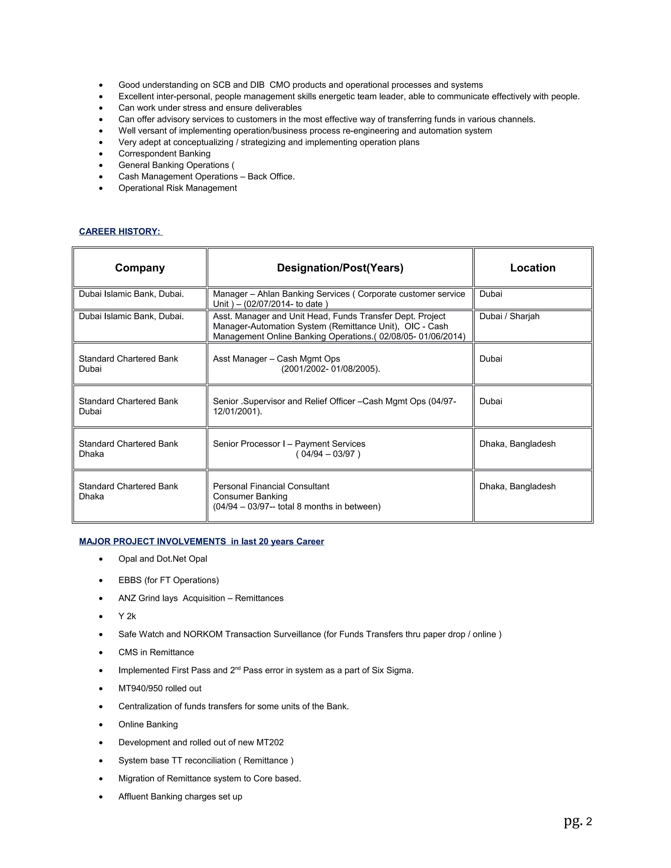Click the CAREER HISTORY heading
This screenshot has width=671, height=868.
[121, 231]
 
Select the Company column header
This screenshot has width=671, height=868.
[140, 268]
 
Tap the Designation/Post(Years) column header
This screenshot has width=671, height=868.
[340, 268]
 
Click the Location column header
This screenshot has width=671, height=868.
[533, 268]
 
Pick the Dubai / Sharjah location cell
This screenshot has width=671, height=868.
[509, 316]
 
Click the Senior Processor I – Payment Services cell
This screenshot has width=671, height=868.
[289, 444]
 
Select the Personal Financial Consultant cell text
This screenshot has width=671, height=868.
[271, 486]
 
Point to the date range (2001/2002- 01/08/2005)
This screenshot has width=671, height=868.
[330, 369]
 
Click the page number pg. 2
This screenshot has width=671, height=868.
[578, 821]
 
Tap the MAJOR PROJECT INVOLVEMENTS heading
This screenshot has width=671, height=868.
[201, 541]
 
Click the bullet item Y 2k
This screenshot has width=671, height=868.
[127, 616]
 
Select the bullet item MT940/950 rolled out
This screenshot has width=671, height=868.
[160, 689]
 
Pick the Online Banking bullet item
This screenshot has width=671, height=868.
[148, 724]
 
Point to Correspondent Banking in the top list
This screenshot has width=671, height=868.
[164, 154]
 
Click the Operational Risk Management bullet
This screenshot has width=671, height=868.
[177, 188]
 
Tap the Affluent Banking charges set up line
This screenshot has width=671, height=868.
[180, 797]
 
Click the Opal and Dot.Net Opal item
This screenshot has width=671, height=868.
[163, 559]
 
